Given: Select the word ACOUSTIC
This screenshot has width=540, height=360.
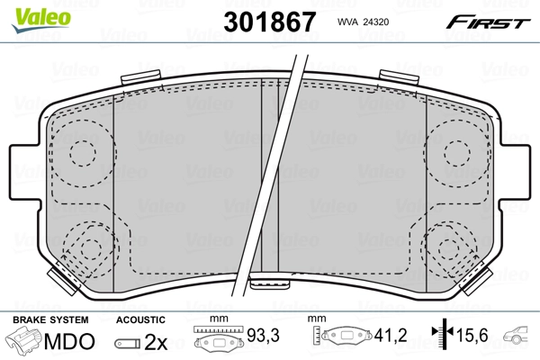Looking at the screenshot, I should point(140,319).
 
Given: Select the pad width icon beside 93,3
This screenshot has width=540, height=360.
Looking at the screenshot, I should point(217,342).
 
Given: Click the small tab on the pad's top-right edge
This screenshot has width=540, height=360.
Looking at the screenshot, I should point(400,76).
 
